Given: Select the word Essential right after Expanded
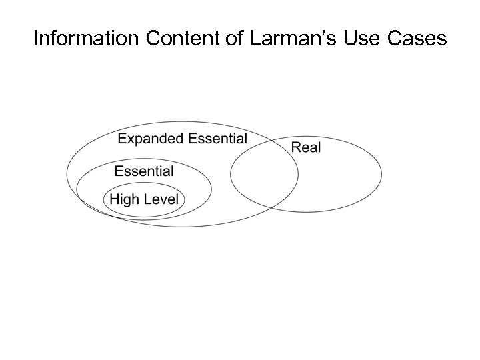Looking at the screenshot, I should pos(218,139).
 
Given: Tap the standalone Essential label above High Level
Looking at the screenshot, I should pos(144,171).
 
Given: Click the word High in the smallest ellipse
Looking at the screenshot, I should pos(123,199).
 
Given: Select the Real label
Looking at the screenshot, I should pos(306,147).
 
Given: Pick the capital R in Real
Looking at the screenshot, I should pos(295,147).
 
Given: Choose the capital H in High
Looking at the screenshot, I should pos(114,199).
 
